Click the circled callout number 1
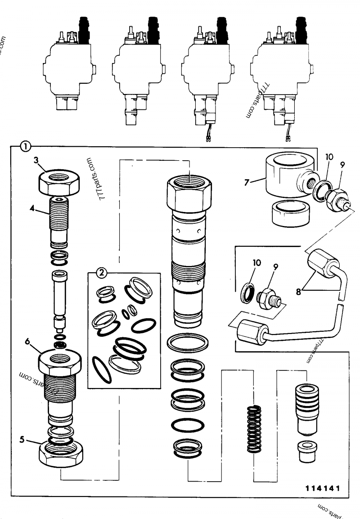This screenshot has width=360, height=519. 26,146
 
